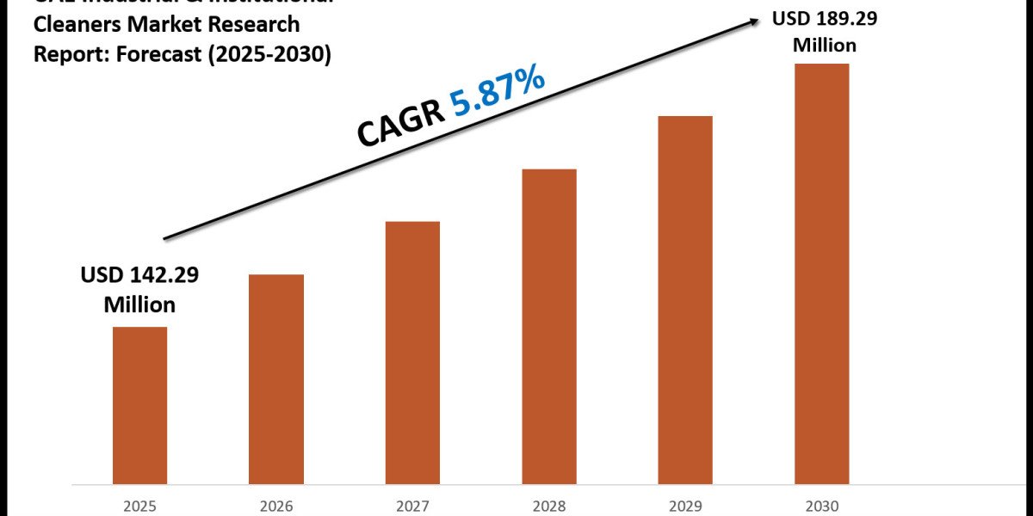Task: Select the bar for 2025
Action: [x=139, y=404]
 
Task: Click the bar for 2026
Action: [x=276, y=378]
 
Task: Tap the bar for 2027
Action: [x=412, y=352]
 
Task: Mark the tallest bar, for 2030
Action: [x=821, y=273]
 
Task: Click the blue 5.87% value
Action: [x=498, y=94]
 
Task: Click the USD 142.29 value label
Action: [x=139, y=275]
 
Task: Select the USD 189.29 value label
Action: [x=813, y=18]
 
